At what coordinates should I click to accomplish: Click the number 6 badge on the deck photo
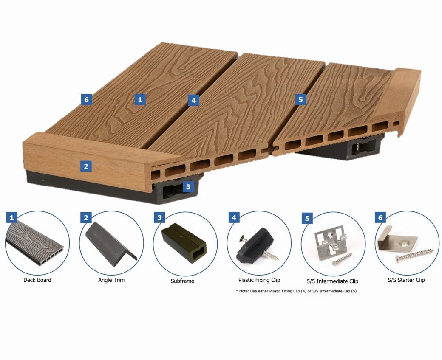[86, 99]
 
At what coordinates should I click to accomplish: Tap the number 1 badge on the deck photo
[140, 99]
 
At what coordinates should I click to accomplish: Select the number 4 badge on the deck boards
[193, 100]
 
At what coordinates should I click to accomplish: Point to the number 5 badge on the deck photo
[300, 99]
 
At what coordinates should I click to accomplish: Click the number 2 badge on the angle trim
[86, 166]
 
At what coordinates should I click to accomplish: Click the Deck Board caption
[37, 280]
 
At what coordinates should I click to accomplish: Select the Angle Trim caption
[111, 280]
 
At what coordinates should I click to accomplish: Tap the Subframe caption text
[182, 281]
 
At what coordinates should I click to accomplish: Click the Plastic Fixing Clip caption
[259, 280]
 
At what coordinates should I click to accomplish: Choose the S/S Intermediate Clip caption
[332, 281]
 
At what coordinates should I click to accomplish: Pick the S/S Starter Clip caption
[406, 280]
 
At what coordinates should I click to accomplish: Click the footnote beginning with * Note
[296, 291]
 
